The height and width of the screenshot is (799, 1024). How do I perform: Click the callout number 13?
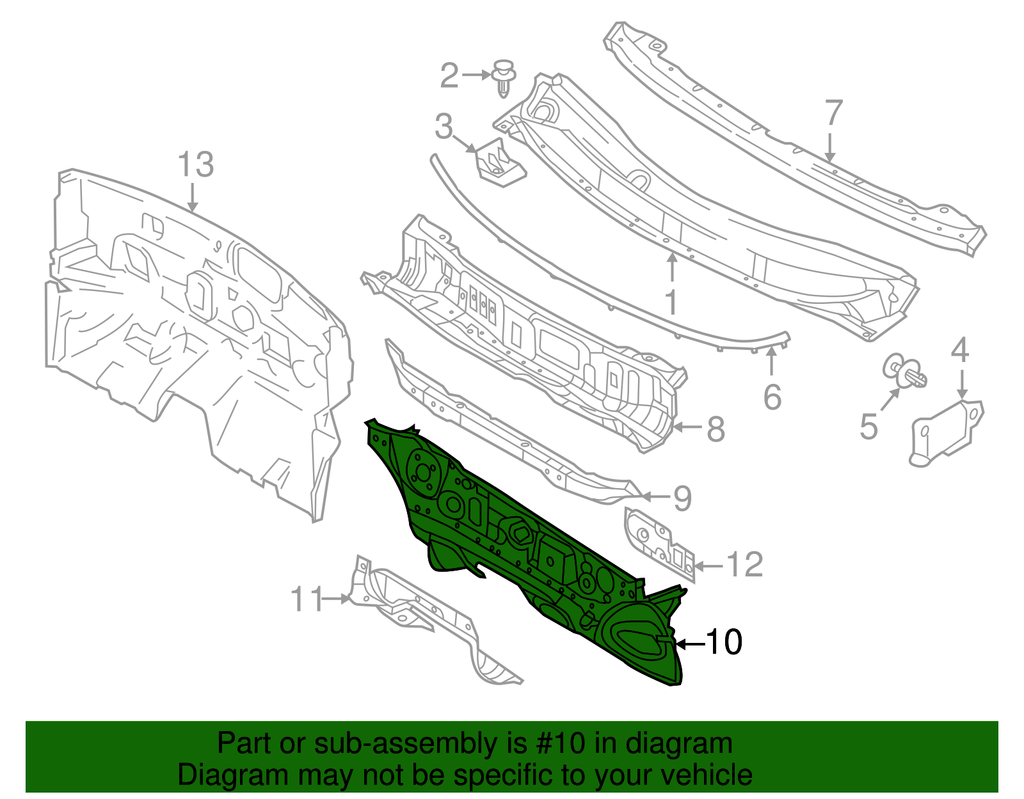pyautogui.click(x=195, y=165)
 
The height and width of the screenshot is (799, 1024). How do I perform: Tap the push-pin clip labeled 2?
pyautogui.click(x=506, y=78)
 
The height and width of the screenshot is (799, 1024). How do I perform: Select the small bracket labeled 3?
pyautogui.click(x=499, y=164)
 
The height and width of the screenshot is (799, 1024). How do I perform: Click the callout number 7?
pyautogui.click(x=833, y=114)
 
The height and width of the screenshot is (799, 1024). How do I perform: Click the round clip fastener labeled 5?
pyautogui.click(x=904, y=372)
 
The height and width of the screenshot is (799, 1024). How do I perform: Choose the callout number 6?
pyautogui.click(x=772, y=397)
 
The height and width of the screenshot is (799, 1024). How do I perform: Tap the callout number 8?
pyautogui.click(x=716, y=429)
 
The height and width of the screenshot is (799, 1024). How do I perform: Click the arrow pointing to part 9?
pyautogui.click(x=654, y=496)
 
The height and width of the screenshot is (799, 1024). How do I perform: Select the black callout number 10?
pyautogui.click(x=724, y=642)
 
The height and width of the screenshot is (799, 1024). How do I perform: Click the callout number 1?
pyautogui.click(x=671, y=302)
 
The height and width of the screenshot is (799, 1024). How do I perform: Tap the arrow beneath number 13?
pyautogui.click(x=193, y=198)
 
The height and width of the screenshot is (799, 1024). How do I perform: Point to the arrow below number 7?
pyautogui.click(x=830, y=148)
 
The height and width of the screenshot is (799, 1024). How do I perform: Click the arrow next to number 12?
pyautogui.click(x=708, y=566)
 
